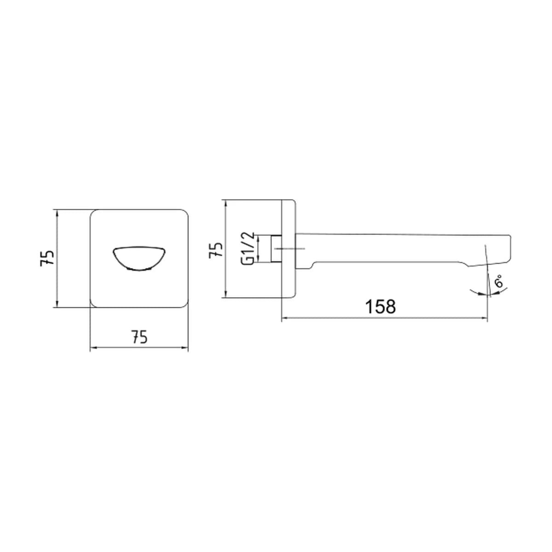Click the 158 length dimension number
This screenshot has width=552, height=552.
380,306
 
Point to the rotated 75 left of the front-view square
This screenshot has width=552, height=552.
47,259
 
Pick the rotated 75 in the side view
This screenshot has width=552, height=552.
216,250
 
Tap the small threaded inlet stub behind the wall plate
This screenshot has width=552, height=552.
276,249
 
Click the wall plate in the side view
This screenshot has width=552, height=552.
288,249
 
